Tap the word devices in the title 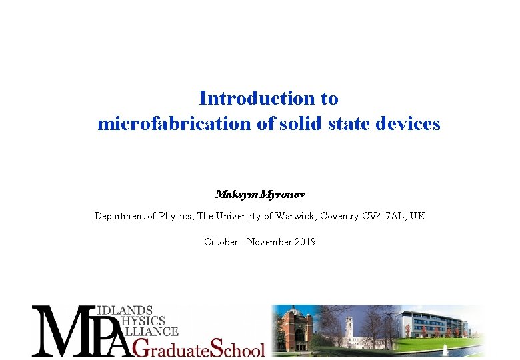click(x=407, y=124)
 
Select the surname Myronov click(x=283, y=195)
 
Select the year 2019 click(x=304, y=242)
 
